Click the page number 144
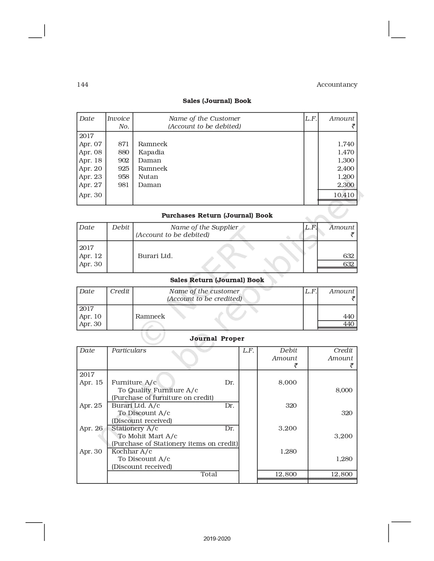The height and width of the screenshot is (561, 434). [82, 85]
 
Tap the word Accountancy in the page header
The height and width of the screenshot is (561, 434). [337, 85]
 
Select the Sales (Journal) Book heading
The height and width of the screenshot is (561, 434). [217, 101]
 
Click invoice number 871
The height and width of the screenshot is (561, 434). [124, 144]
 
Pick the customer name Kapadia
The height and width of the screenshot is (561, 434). [151, 152]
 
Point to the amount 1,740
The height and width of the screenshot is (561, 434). [346, 144]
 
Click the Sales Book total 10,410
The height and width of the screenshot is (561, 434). [344, 195]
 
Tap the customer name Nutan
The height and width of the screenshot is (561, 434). [148, 177]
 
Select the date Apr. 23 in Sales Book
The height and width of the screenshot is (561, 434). [91, 177]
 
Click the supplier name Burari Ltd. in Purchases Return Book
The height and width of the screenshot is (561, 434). [155, 256]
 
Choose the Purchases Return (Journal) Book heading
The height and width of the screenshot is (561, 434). [217, 216]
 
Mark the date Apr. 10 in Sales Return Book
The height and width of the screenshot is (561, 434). [90, 317]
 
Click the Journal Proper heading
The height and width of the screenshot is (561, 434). [217, 339]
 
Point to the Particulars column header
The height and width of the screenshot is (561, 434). [129, 351]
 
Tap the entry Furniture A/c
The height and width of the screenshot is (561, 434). [134, 382]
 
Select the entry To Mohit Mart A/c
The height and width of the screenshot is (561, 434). [147, 436]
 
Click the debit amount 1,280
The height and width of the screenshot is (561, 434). [288, 452]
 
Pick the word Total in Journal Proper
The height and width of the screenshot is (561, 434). [209, 474]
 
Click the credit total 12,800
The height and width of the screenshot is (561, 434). [342, 474]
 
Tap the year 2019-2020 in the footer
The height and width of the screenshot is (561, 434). [217, 539]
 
